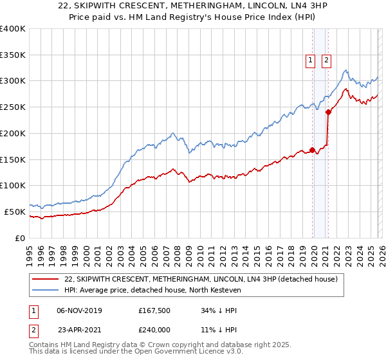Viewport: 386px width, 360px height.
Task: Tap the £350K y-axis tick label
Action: [x=12, y=55]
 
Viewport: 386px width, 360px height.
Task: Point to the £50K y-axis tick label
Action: [x=14, y=212]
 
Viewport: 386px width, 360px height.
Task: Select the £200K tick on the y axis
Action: [x=12, y=134]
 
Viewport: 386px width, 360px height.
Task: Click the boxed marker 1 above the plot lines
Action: [x=310, y=60]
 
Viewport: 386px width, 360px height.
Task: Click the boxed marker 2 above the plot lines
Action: [x=326, y=60]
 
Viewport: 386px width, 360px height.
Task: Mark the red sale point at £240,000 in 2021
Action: [x=328, y=112]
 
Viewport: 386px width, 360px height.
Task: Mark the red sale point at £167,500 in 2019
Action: [x=313, y=150]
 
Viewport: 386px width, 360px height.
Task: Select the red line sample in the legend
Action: [x=46, y=279]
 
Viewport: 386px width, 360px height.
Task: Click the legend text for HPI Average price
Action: [x=152, y=291]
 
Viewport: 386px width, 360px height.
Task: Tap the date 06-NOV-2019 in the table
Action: [x=79, y=310]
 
